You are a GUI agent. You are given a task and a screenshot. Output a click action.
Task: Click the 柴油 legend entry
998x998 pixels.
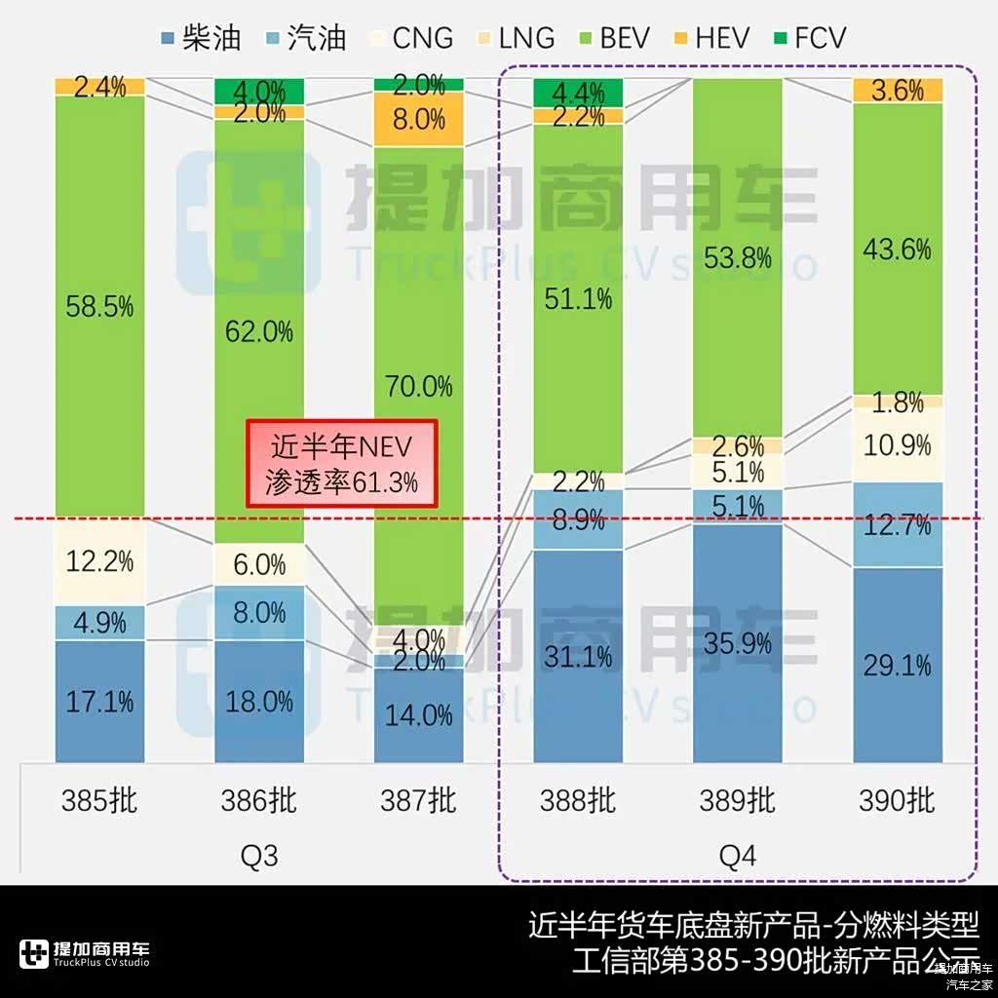201,38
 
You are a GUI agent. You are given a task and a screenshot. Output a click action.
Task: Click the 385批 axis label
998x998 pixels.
99,801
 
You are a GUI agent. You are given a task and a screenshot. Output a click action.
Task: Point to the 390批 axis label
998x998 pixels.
897,801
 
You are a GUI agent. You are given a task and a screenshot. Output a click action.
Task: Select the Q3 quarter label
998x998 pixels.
259,856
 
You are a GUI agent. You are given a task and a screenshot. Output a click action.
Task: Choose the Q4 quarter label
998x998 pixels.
738,856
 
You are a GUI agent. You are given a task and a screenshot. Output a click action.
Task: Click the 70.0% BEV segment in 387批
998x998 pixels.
418,386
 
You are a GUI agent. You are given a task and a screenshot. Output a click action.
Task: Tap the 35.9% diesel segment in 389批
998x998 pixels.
738,643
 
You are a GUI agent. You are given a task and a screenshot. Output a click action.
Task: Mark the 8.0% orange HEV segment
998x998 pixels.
418,119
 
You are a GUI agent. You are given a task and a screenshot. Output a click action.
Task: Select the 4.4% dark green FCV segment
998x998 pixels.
578,93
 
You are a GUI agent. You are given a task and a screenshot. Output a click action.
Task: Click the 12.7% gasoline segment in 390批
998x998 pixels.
898,524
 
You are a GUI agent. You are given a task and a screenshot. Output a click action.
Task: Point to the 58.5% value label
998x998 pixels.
99,308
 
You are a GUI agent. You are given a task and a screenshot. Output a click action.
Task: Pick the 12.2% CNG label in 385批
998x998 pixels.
99,561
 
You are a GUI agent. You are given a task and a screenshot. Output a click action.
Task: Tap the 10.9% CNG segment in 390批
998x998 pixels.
898,444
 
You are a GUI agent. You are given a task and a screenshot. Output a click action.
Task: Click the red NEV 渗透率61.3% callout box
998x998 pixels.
342,463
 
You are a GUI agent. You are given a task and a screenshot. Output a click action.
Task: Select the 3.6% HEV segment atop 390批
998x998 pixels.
898,90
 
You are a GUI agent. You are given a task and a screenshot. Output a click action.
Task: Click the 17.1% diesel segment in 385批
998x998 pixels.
99,701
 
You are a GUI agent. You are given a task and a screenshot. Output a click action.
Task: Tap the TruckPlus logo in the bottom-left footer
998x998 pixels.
84,953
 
